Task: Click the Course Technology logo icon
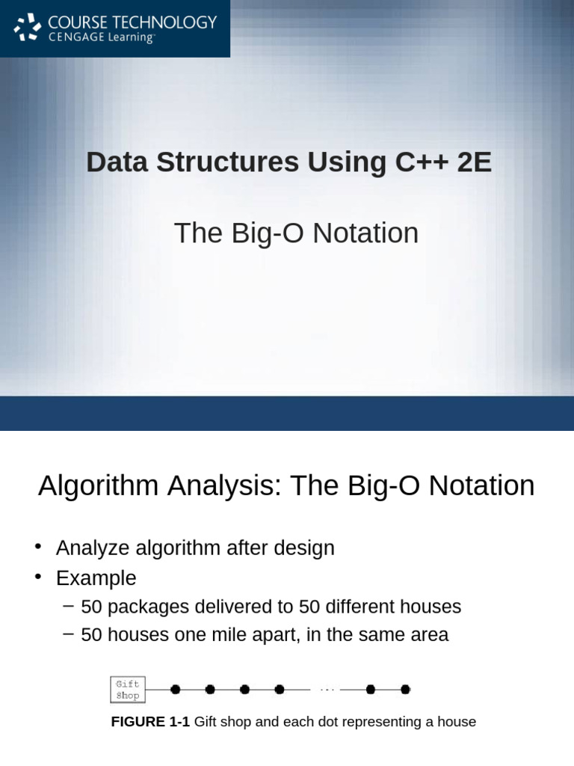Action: (28, 28)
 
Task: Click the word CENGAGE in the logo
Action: (72, 37)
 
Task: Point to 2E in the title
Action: (475, 162)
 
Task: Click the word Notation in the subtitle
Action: (365, 233)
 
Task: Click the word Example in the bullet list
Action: (96, 578)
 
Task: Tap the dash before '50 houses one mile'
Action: (69, 634)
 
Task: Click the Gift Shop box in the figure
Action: (128, 690)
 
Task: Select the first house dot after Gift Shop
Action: (175, 690)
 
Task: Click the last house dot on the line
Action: (405, 690)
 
